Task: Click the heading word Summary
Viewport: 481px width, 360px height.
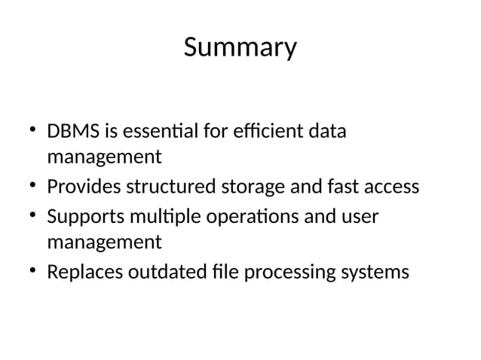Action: [x=240, y=48]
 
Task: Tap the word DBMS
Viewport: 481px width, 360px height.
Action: [x=73, y=132]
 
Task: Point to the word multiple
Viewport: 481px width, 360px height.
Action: [x=160, y=216]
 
